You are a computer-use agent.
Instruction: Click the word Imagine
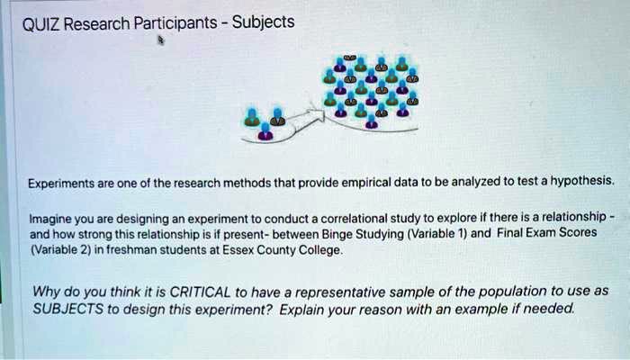(x=49, y=219)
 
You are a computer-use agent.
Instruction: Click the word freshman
(x=136, y=250)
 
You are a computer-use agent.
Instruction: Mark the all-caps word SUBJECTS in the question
(x=73, y=308)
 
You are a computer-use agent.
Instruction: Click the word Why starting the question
(x=47, y=292)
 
